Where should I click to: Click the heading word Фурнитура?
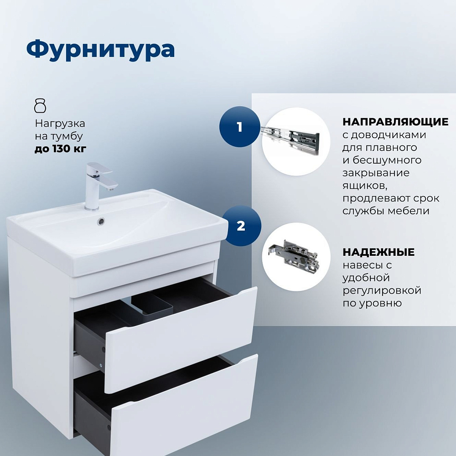click(x=101, y=50)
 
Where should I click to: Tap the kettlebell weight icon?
click(x=40, y=106)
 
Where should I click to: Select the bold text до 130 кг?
click(x=61, y=149)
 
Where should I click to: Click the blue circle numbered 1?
click(x=239, y=127)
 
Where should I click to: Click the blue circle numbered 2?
click(x=241, y=226)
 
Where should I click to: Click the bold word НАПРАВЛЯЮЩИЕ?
click(x=395, y=122)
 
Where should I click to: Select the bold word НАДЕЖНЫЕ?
click(x=378, y=252)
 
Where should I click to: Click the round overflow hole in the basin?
click(x=101, y=221)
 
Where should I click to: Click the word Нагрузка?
click(x=60, y=124)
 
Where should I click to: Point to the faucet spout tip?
click(x=110, y=189)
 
